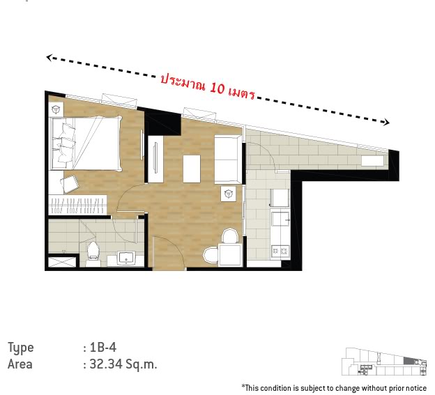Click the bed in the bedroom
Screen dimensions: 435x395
(x=86, y=143)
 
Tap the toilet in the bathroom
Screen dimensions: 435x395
(x=93, y=254)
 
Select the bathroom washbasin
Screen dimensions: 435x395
(x=126, y=258)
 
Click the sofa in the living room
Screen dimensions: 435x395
(x=228, y=160)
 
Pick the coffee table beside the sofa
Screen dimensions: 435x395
(x=192, y=169)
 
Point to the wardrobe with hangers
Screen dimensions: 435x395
(x=77, y=205)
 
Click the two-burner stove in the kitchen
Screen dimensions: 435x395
(x=280, y=251)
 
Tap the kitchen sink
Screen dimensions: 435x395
(x=280, y=219)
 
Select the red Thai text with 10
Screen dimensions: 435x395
(x=208, y=86)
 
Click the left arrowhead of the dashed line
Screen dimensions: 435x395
(x=49, y=57)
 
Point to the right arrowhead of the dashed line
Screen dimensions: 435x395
(x=386, y=122)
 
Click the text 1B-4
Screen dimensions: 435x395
(x=103, y=347)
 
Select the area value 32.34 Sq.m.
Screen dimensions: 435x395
(x=123, y=364)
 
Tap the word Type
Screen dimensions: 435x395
(x=20, y=348)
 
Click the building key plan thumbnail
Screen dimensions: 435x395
(x=384, y=362)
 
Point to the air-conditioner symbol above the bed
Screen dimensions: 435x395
(x=56, y=109)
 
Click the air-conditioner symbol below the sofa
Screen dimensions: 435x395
(x=229, y=194)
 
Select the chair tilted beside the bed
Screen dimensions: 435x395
(x=69, y=184)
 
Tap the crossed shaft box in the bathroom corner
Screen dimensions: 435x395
(x=62, y=262)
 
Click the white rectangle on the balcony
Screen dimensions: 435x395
(x=372, y=161)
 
